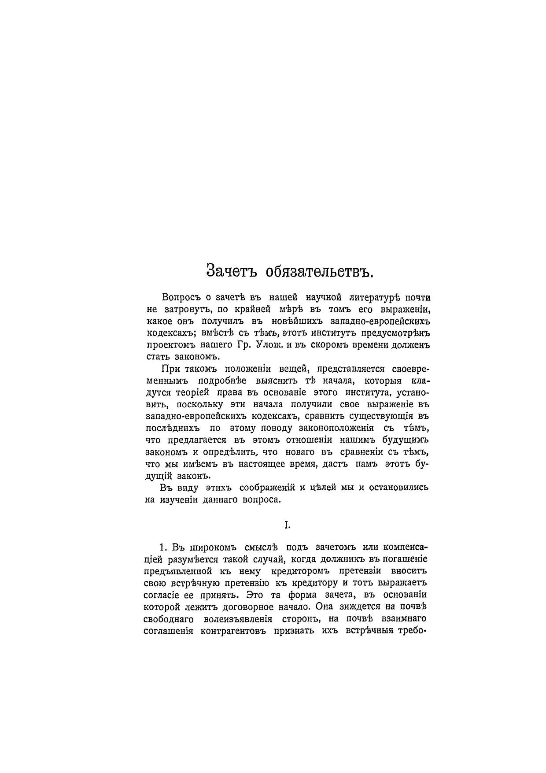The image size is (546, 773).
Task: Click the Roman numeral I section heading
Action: pos(287,524)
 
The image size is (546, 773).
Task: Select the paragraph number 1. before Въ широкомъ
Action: pos(163,547)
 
